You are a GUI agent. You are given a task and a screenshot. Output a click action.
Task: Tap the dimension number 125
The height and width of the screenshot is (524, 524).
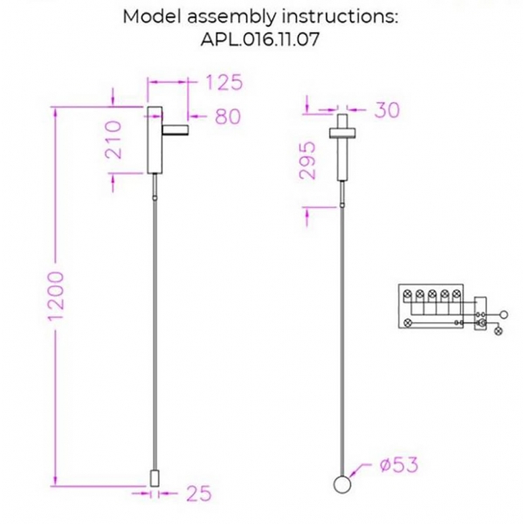pos(223,84)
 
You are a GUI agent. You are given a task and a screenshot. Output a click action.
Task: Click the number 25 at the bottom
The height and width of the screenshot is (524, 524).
pos(199,494)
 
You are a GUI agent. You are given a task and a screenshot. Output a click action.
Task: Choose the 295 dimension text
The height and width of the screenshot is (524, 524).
pos(307,160)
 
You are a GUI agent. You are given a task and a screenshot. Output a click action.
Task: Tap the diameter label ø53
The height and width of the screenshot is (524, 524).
pos(398,465)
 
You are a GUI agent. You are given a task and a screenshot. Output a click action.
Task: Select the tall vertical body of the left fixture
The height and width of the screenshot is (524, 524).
pos(153,140)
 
